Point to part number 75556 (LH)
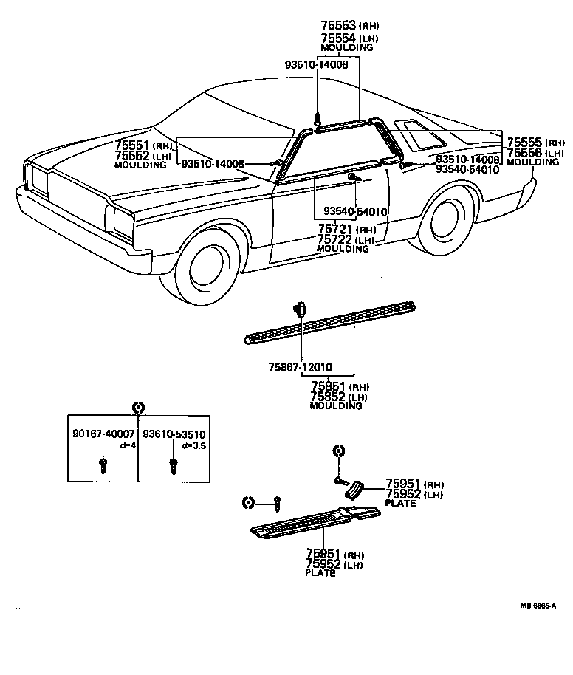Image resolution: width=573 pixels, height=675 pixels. tap(524, 153)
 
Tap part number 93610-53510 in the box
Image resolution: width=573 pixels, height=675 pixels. tap(174, 434)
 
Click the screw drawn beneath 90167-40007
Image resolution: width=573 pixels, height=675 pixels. tap(103, 465)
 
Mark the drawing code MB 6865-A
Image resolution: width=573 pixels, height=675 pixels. tap(538, 605)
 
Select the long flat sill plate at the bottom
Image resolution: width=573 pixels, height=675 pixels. tap(310, 523)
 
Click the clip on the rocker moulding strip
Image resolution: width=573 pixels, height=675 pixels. tap(301, 309)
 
